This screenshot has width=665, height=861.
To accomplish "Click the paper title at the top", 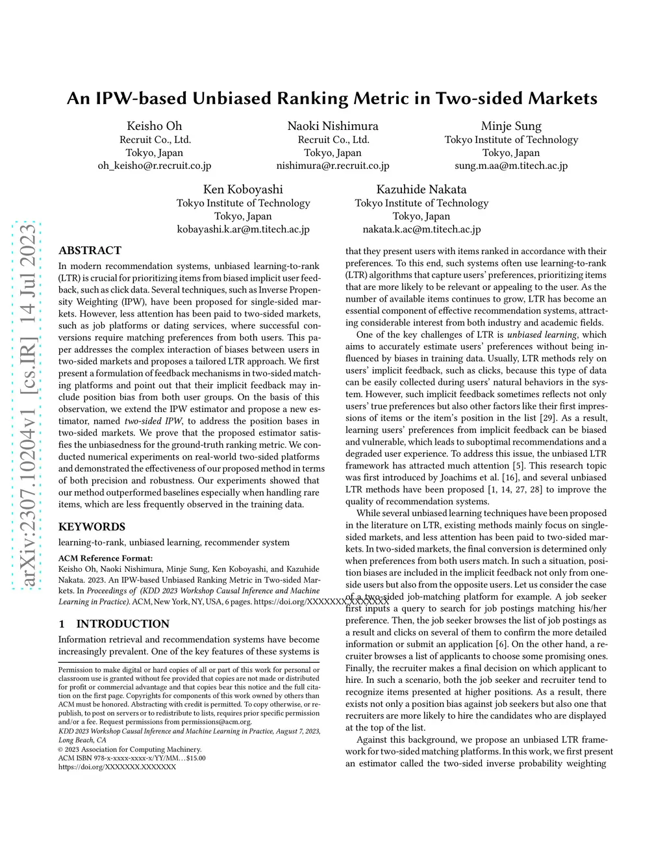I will [x=332, y=98].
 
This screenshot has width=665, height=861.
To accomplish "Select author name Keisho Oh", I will [x=155, y=126].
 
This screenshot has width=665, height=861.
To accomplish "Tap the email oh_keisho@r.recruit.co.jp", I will [x=155, y=166].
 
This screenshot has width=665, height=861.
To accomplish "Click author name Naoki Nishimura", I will [x=332, y=126].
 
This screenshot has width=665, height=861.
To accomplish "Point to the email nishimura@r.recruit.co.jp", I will [x=332, y=166].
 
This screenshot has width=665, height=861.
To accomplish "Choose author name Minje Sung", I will [x=511, y=126].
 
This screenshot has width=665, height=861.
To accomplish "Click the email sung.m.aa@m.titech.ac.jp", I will [x=511, y=166].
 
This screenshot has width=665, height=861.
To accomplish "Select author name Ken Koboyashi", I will [x=243, y=190].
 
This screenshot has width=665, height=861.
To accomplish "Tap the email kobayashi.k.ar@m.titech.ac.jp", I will [x=243, y=229].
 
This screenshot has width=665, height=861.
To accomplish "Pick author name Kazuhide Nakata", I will [x=421, y=190].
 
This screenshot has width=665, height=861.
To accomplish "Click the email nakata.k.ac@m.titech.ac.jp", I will [x=421, y=229].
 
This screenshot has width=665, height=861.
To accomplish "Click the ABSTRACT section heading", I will [x=90, y=251].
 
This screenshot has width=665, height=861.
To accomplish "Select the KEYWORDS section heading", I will [x=92, y=527].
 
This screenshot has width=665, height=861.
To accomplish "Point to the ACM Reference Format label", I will [x=105, y=558].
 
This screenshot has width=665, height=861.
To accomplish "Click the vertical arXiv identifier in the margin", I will [x=27, y=406].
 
